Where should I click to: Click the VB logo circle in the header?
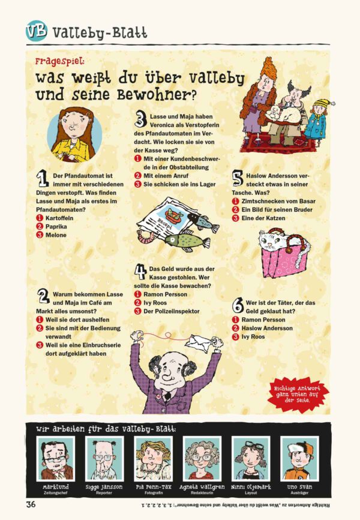(x=37, y=31)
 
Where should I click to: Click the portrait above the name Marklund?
(x=55, y=459)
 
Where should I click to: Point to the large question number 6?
(x=238, y=305)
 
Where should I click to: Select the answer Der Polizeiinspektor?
(x=171, y=311)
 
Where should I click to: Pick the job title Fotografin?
(x=153, y=493)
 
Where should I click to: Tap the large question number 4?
(x=140, y=272)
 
